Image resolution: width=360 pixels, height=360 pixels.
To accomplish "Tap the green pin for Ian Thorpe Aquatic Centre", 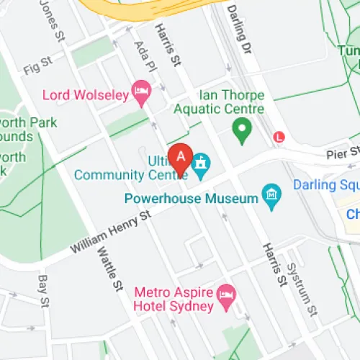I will click(x=242, y=130).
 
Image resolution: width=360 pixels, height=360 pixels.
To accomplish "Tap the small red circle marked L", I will click(x=279, y=136).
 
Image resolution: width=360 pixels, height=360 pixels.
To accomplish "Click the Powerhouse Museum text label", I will click(x=191, y=198).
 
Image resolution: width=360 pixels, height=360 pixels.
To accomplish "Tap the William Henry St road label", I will click(x=110, y=232).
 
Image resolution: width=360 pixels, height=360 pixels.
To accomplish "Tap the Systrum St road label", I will click(x=303, y=288).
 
